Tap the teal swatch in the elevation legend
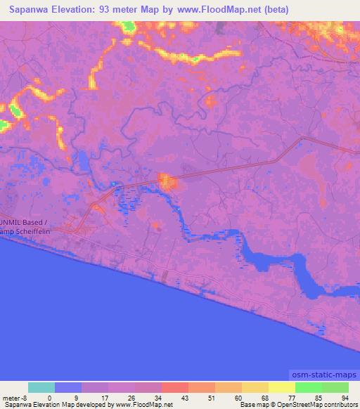click(x=41, y=387)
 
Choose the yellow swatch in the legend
click(x=281, y=387)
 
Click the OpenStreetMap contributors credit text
click(x=323, y=405)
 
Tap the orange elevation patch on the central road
click(x=168, y=182)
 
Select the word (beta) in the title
click(x=274, y=10)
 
